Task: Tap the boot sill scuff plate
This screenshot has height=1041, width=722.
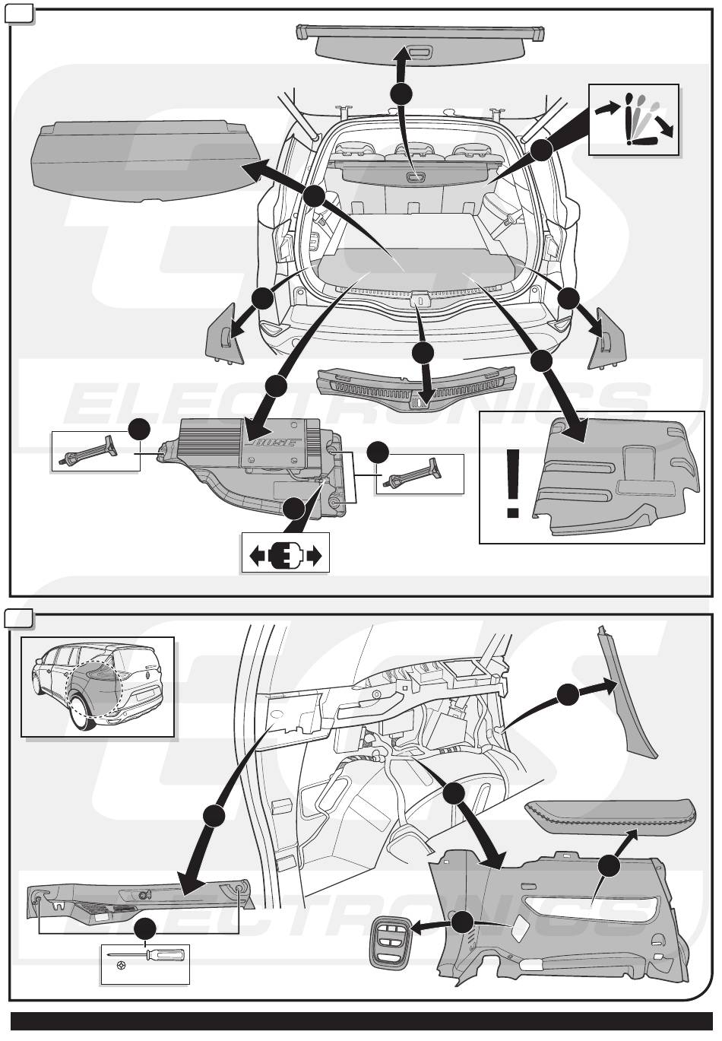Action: pos(416,386)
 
